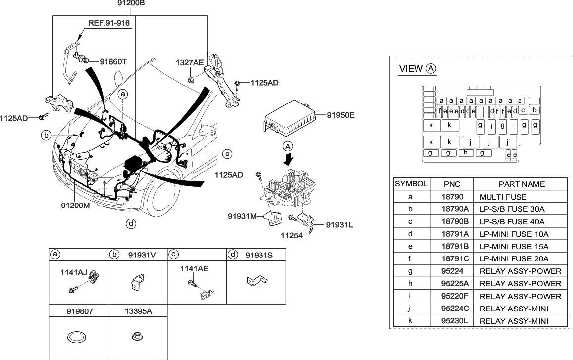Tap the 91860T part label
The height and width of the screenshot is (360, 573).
coord(113,62)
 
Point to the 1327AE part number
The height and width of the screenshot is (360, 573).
coord(190,62)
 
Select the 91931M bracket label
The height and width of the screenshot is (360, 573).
coord(242,216)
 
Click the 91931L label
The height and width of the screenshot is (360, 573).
coord(340,225)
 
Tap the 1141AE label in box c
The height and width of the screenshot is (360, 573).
coord(194,268)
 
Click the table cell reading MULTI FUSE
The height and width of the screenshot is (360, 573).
coord(503,197)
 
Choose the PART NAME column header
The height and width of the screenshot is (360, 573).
coord(521,184)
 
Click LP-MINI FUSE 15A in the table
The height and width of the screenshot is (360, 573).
coord(514,247)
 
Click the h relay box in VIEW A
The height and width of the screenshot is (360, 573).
coord(466,153)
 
